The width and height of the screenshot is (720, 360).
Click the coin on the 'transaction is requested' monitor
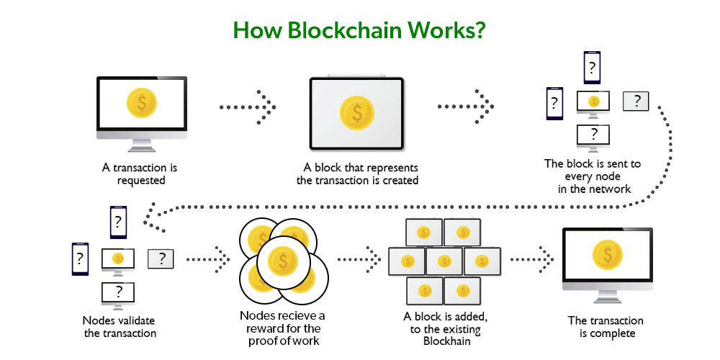(142, 104)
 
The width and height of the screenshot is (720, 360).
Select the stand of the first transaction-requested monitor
(142, 144)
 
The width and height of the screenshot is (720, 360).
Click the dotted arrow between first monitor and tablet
(247, 107)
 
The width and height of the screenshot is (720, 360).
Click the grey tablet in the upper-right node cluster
(635, 102)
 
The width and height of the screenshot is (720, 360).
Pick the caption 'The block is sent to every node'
(592, 170)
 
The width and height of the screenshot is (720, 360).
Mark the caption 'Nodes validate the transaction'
(120, 326)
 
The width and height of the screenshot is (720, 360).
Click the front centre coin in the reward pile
(284, 260)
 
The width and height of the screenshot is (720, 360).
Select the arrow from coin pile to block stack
(359, 256)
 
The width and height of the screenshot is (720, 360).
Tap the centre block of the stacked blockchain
(443, 261)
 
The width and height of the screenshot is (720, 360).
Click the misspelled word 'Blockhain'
(443, 341)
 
